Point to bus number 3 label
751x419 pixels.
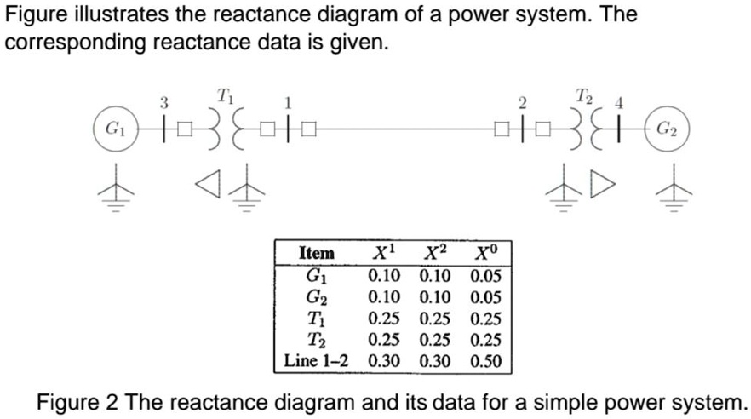point(165,102)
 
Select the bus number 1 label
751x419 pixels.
point(288,103)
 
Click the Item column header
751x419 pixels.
point(317,253)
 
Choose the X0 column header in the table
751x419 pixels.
point(482,252)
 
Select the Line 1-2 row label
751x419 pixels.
point(317,361)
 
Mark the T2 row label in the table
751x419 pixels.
point(316,340)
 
